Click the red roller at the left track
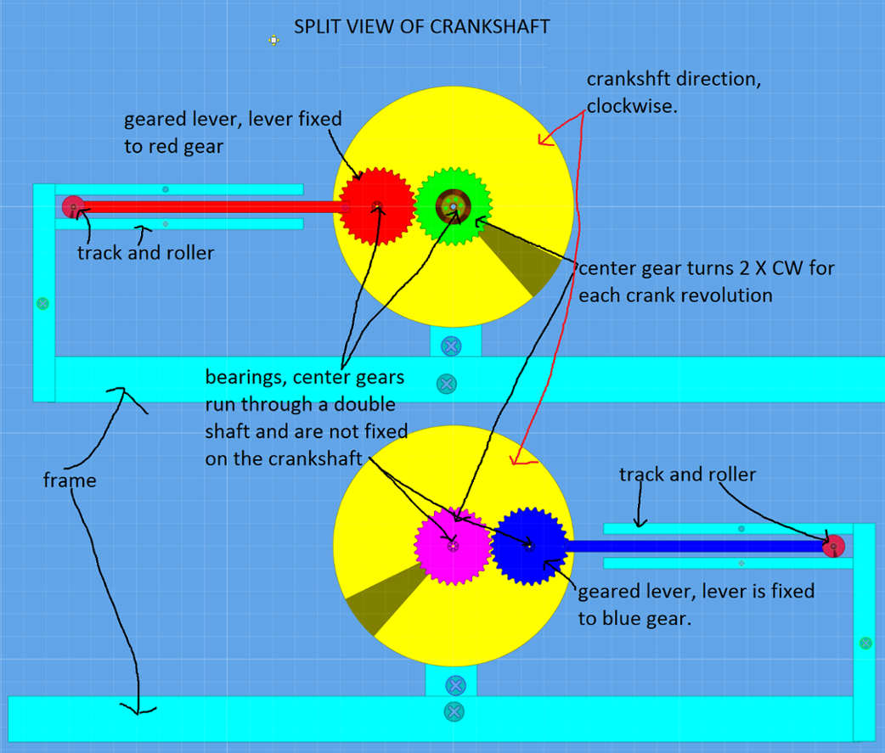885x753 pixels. (73, 206)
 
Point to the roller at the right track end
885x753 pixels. (833, 546)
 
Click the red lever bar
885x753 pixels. (212, 206)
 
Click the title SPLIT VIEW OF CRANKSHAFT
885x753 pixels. (421, 26)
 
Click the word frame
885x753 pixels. (70, 481)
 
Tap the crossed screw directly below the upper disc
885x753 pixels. (451, 346)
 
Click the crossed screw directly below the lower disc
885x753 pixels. (456, 685)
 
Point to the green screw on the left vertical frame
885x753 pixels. (43, 303)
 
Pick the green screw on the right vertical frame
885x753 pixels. (865, 643)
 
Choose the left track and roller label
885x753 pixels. (145, 252)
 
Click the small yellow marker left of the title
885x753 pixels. (273, 39)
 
